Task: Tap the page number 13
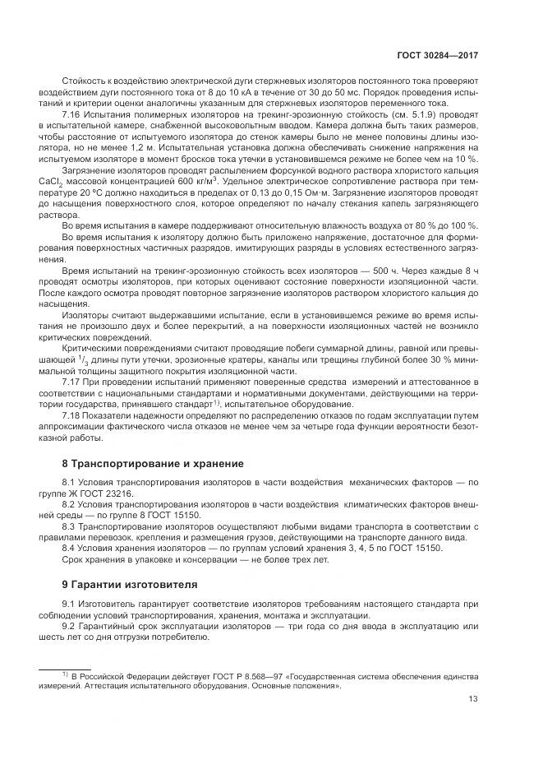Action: coord(473,700)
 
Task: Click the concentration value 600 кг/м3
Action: coord(200,179)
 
